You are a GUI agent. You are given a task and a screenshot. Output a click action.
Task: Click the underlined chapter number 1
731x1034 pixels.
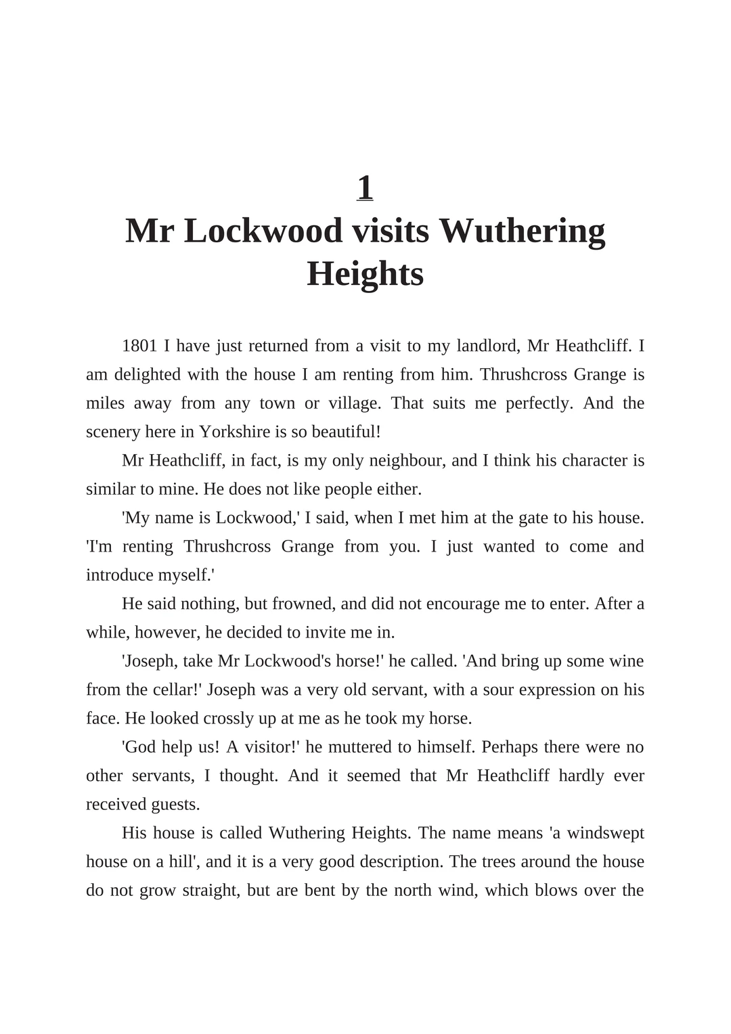365,187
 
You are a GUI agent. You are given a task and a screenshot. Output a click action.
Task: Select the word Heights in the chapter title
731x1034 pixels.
365,274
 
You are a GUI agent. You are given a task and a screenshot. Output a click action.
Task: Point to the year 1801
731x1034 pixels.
139,346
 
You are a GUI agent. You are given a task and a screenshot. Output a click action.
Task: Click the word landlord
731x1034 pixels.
486,346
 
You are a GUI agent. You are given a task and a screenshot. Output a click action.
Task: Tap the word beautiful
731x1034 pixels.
345,432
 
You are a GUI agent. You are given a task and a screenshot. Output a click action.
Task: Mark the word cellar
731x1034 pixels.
175,690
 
